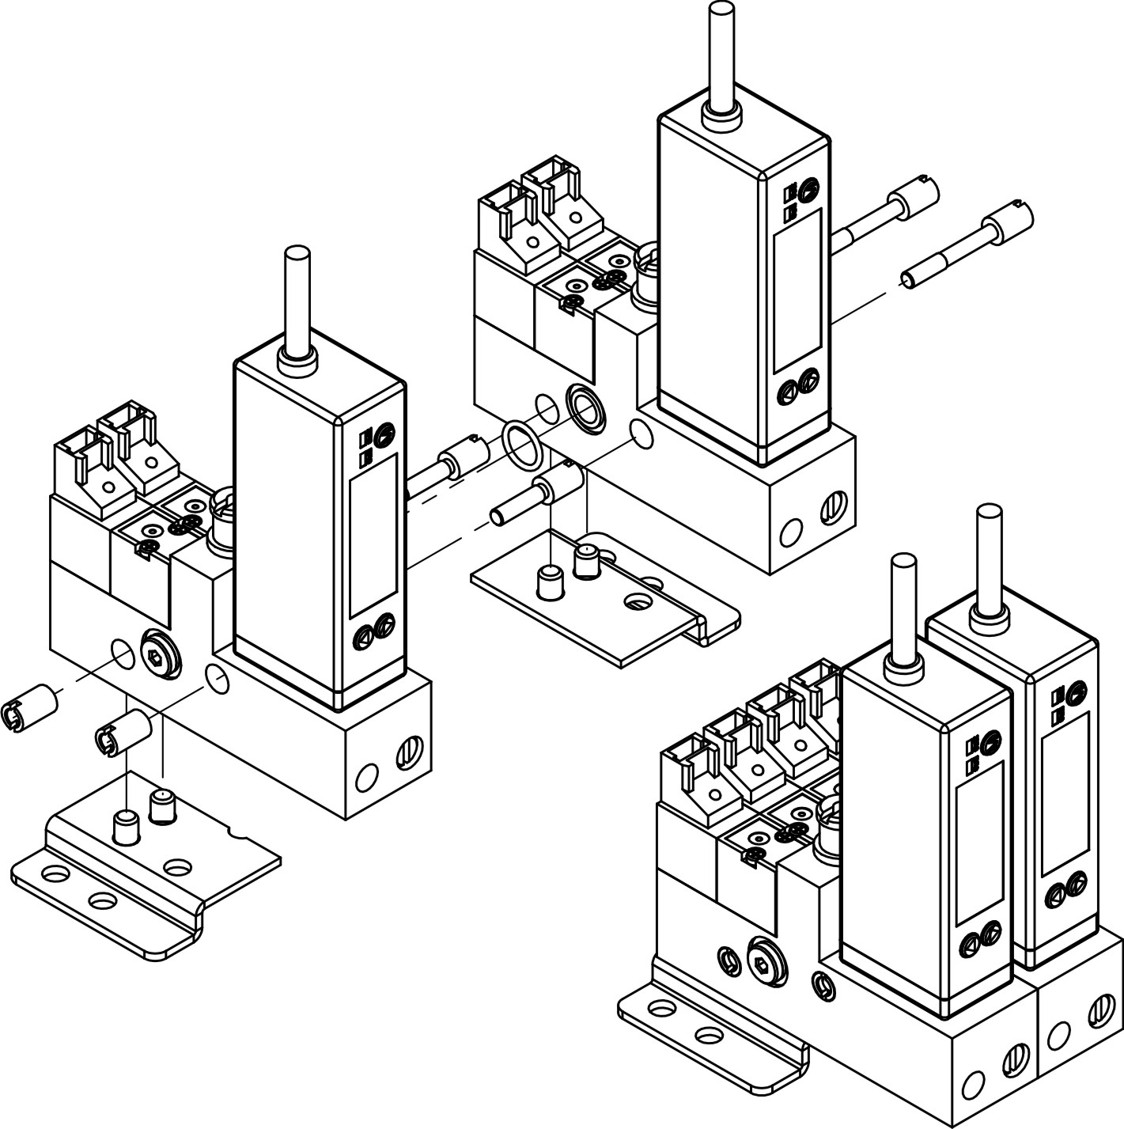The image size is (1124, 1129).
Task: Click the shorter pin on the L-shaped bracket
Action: tap(124, 827)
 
